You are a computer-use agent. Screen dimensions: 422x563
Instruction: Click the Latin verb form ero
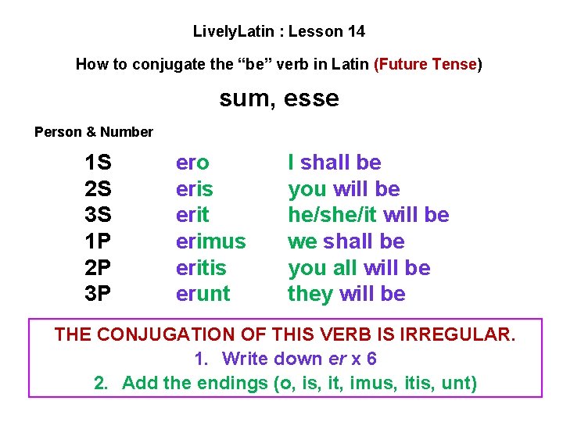pyautogui.click(x=192, y=163)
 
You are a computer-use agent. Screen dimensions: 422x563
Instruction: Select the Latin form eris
pyautogui.click(x=195, y=189)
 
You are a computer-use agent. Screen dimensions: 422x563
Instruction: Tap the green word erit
pyautogui.click(x=192, y=215)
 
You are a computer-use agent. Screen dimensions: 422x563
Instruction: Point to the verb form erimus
pyautogui.click(x=210, y=241)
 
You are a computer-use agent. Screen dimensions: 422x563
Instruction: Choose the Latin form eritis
pyautogui.click(x=201, y=268)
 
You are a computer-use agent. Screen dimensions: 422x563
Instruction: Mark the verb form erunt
pyautogui.click(x=203, y=294)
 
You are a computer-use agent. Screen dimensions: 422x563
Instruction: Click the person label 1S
pyautogui.click(x=99, y=163)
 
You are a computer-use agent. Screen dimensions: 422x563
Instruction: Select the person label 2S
pyautogui.click(x=99, y=189)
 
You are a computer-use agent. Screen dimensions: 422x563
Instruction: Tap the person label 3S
pyautogui.click(x=99, y=215)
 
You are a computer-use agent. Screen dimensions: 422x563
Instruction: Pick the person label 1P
pyautogui.click(x=99, y=241)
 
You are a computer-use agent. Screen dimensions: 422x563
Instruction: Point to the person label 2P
pyautogui.click(x=99, y=268)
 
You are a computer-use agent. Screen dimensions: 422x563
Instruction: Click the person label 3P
pyautogui.click(x=99, y=294)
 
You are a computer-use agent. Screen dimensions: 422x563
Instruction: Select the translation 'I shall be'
pyautogui.click(x=335, y=163)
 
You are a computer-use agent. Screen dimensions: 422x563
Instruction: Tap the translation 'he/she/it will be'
pyautogui.click(x=368, y=215)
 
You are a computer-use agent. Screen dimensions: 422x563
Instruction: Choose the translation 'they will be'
pyautogui.click(x=346, y=294)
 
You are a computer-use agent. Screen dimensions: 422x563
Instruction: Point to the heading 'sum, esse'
pyautogui.click(x=279, y=98)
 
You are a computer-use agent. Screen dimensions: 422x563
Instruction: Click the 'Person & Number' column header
pyautogui.click(x=94, y=132)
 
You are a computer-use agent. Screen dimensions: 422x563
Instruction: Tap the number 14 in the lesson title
pyautogui.click(x=356, y=32)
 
